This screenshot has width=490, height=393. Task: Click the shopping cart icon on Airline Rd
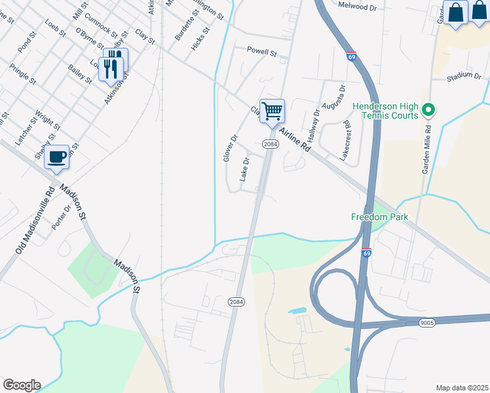pyautogui.click(x=272, y=110)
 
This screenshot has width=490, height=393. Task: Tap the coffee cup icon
pyautogui.click(x=57, y=157)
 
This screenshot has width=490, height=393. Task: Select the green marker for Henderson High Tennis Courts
pyautogui.click(x=429, y=109)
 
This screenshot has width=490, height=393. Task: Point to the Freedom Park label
pyautogui.click(x=379, y=217)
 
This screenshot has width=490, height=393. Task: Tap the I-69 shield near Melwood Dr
pyautogui.click(x=352, y=57)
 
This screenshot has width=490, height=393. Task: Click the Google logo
pyautogui.click(x=22, y=385)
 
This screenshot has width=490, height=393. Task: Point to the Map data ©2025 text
pyautogui.click(x=462, y=388)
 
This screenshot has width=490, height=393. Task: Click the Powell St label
pyautogui.click(x=262, y=50)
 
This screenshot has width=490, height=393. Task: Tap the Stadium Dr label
pyautogui.click(x=464, y=77)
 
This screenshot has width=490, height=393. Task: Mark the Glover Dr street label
pyautogui.click(x=229, y=149)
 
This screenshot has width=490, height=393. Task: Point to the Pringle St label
pyautogui.click(x=22, y=74)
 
